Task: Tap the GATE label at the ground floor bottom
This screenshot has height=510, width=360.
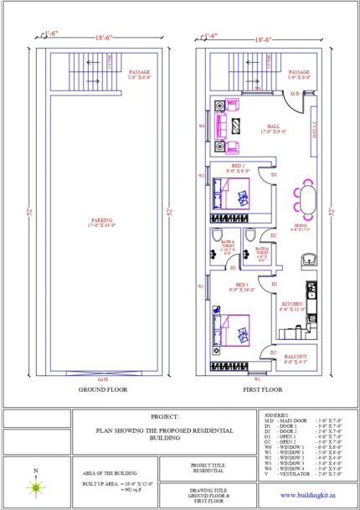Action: pyautogui.click(x=102, y=379)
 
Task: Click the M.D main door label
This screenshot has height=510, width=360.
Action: pyautogui.click(x=295, y=95)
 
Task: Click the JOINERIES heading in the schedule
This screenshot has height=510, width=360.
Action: pyautogui.click(x=276, y=415)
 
